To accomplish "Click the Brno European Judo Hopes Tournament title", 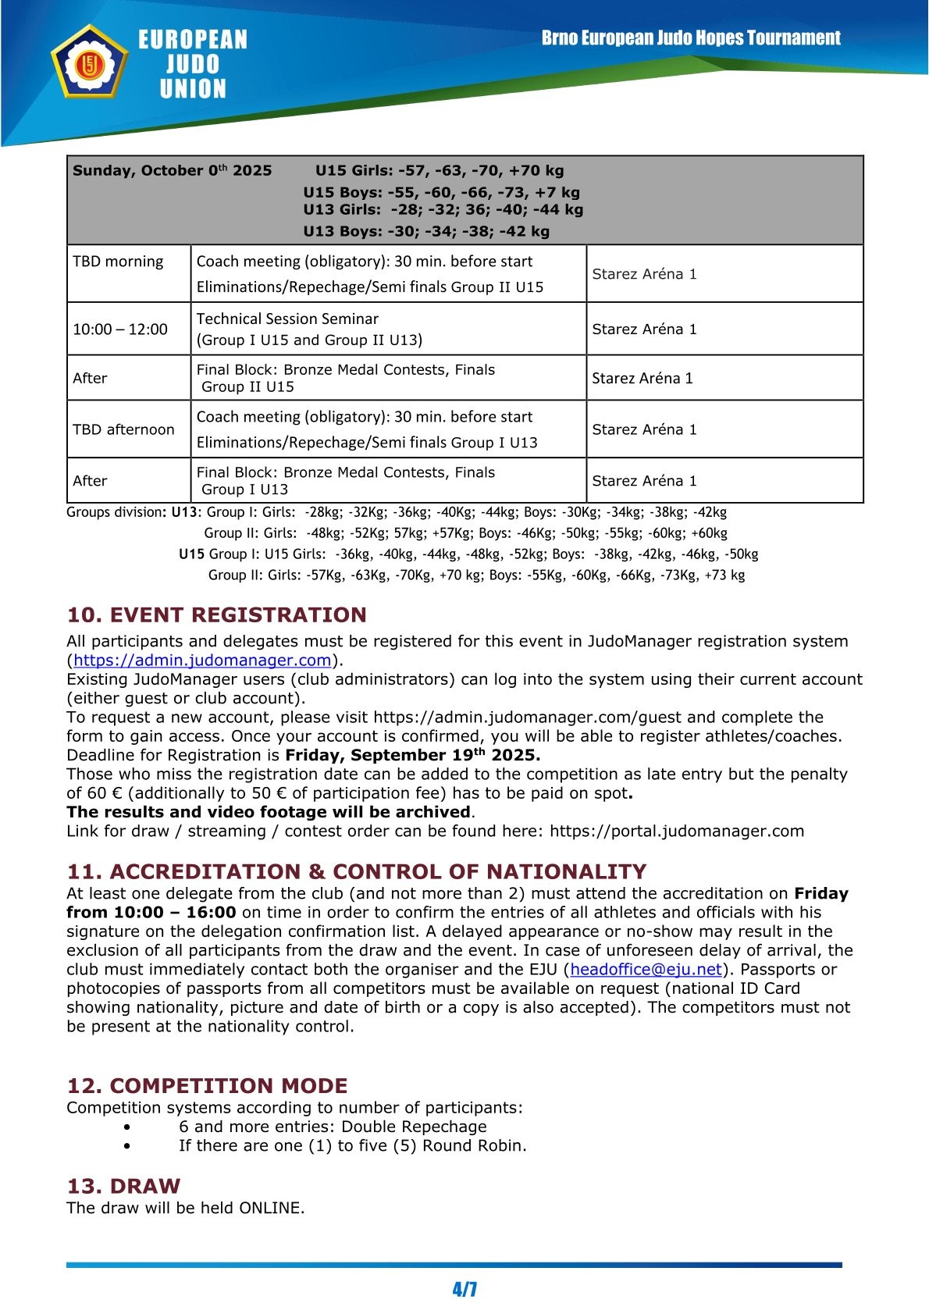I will [691, 38].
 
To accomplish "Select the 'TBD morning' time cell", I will [118, 262].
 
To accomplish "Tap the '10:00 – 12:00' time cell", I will [120, 329].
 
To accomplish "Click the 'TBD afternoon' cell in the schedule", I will [123, 429].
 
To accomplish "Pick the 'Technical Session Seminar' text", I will [287, 319].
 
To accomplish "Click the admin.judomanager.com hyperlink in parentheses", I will [202, 661].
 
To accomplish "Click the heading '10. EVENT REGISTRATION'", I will [216, 615].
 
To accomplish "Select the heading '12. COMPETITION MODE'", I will [207, 1086].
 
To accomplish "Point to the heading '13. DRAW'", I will [123, 1187].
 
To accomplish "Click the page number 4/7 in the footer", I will [464, 1289].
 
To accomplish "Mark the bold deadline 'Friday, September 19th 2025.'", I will [412, 755].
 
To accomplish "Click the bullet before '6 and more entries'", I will [126, 1127].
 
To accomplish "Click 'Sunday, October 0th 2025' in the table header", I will [172, 171].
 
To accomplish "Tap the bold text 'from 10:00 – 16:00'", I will [151, 913].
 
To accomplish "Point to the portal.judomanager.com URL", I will [676, 831].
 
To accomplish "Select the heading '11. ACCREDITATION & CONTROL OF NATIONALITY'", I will [357, 872].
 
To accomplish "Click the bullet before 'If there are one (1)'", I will [126, 1146].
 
